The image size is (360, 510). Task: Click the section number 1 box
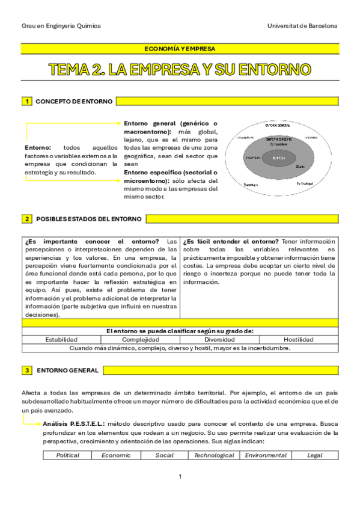pyautogui.click(x=26, y=102)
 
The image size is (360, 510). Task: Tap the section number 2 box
pyautogui.click(x=26, y=219)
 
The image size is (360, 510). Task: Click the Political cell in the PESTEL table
pyautogui.click(x=67, y=455)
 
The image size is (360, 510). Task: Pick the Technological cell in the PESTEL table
pyautogui.click(x=214, y=455)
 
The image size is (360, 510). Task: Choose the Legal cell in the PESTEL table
pyautogui.click(x=314, y=455)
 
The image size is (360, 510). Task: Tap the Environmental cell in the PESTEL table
pyautogui.click(x=266, y=455)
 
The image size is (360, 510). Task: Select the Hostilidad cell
pyautogui.click(x=299, y=339)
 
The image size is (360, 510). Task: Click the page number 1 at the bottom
pyautogui.click(x=180, y=477)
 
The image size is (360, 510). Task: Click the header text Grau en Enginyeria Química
pyautogui.click(x=61, y=26)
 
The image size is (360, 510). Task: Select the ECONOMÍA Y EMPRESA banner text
pyautogui.click(x=180, y=49)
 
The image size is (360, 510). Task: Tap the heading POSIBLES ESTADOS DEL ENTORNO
pyautogui.click(x=89, y=219)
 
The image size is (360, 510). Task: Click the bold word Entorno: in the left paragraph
pyautogui.click(x=38, y=147)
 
